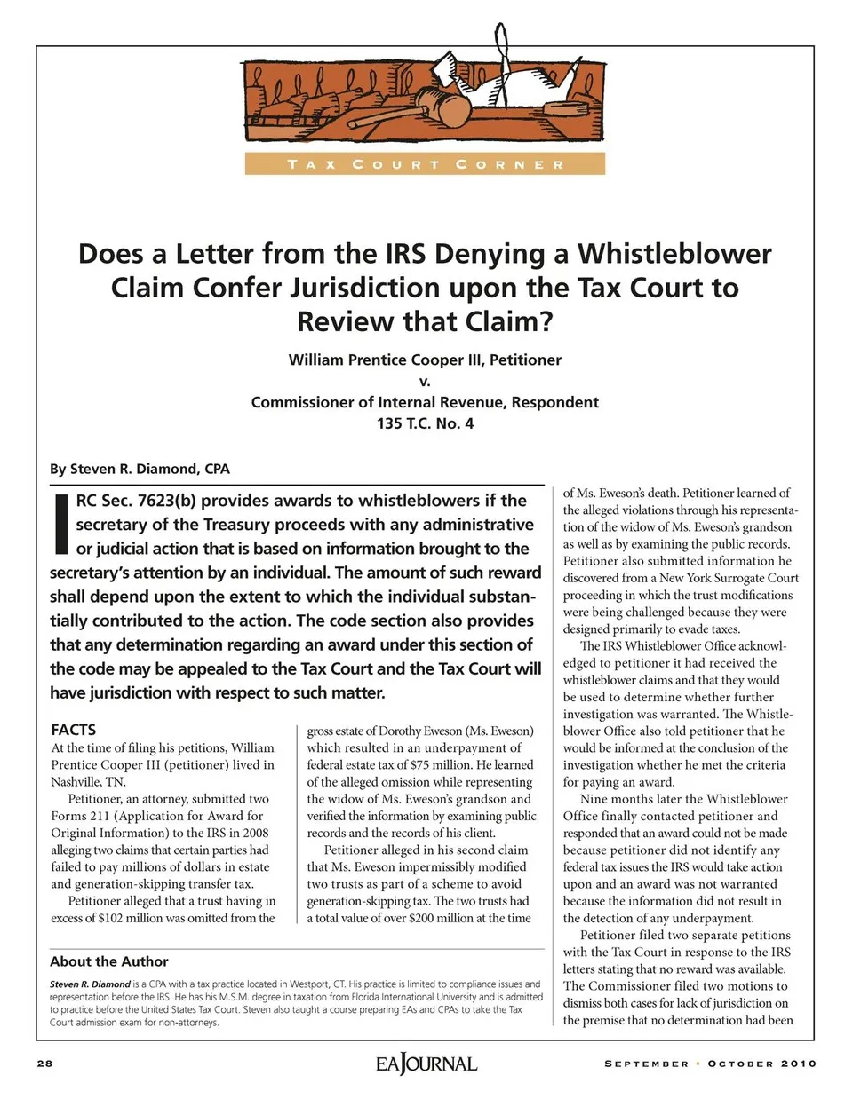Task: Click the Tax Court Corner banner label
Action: tap(425, 164)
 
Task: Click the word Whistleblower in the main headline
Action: tap(674, 254)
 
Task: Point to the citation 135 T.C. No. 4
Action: tap(425, 423)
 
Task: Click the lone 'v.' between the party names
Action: tap(425, 381)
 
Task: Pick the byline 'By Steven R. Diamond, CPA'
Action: tap(140, 469)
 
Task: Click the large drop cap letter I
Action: tap(61, 523)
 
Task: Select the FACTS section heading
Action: tap(73, 730)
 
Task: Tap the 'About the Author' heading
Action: tap(108, 961)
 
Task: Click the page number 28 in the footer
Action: tap(44, 1064)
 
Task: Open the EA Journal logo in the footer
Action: tap(426, 1064)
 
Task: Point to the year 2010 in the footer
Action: tap(799, 1064)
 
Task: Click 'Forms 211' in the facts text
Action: tap(80, 816)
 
